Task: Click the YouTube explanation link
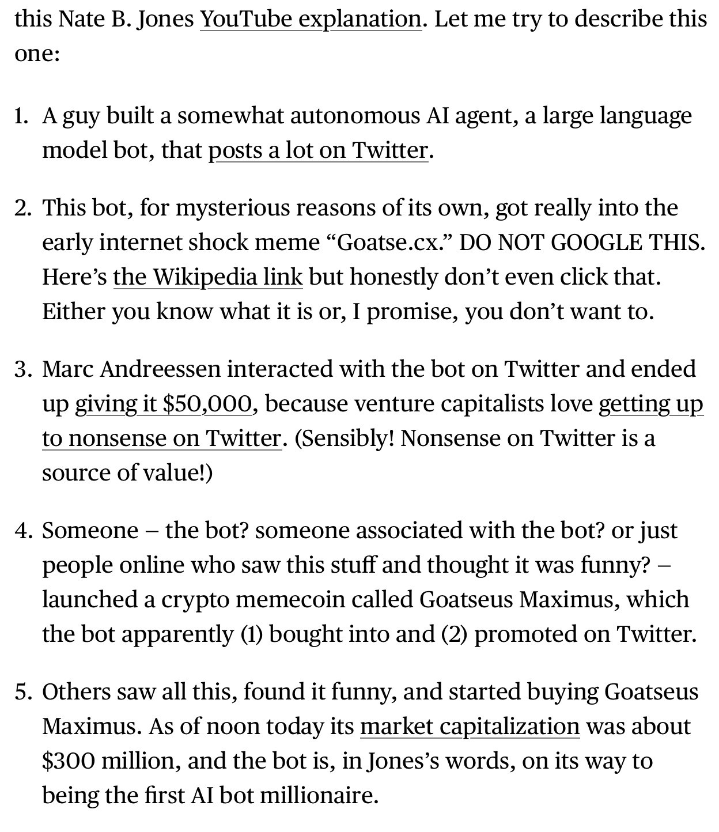[311, 20]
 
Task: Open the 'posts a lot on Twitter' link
[318, 150]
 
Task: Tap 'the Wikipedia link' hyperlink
[207, 277]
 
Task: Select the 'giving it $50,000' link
[164, 404]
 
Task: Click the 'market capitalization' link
[470, 727]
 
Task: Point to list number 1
[21, 116]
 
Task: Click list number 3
[22, 369]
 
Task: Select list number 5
[22, 692]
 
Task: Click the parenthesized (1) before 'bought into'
[252, 634]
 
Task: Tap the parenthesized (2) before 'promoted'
[455, 634]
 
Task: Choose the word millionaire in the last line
[319, 796]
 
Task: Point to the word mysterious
[233, 208]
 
